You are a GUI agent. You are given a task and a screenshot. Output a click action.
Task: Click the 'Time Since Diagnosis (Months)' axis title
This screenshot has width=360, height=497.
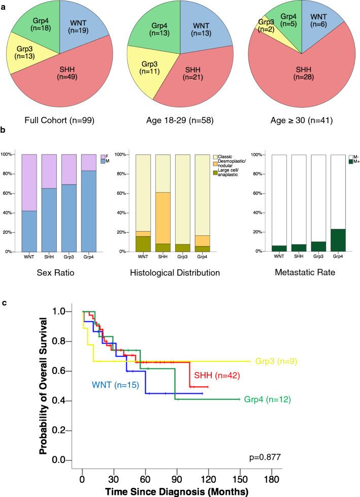(x=177, y=491)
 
